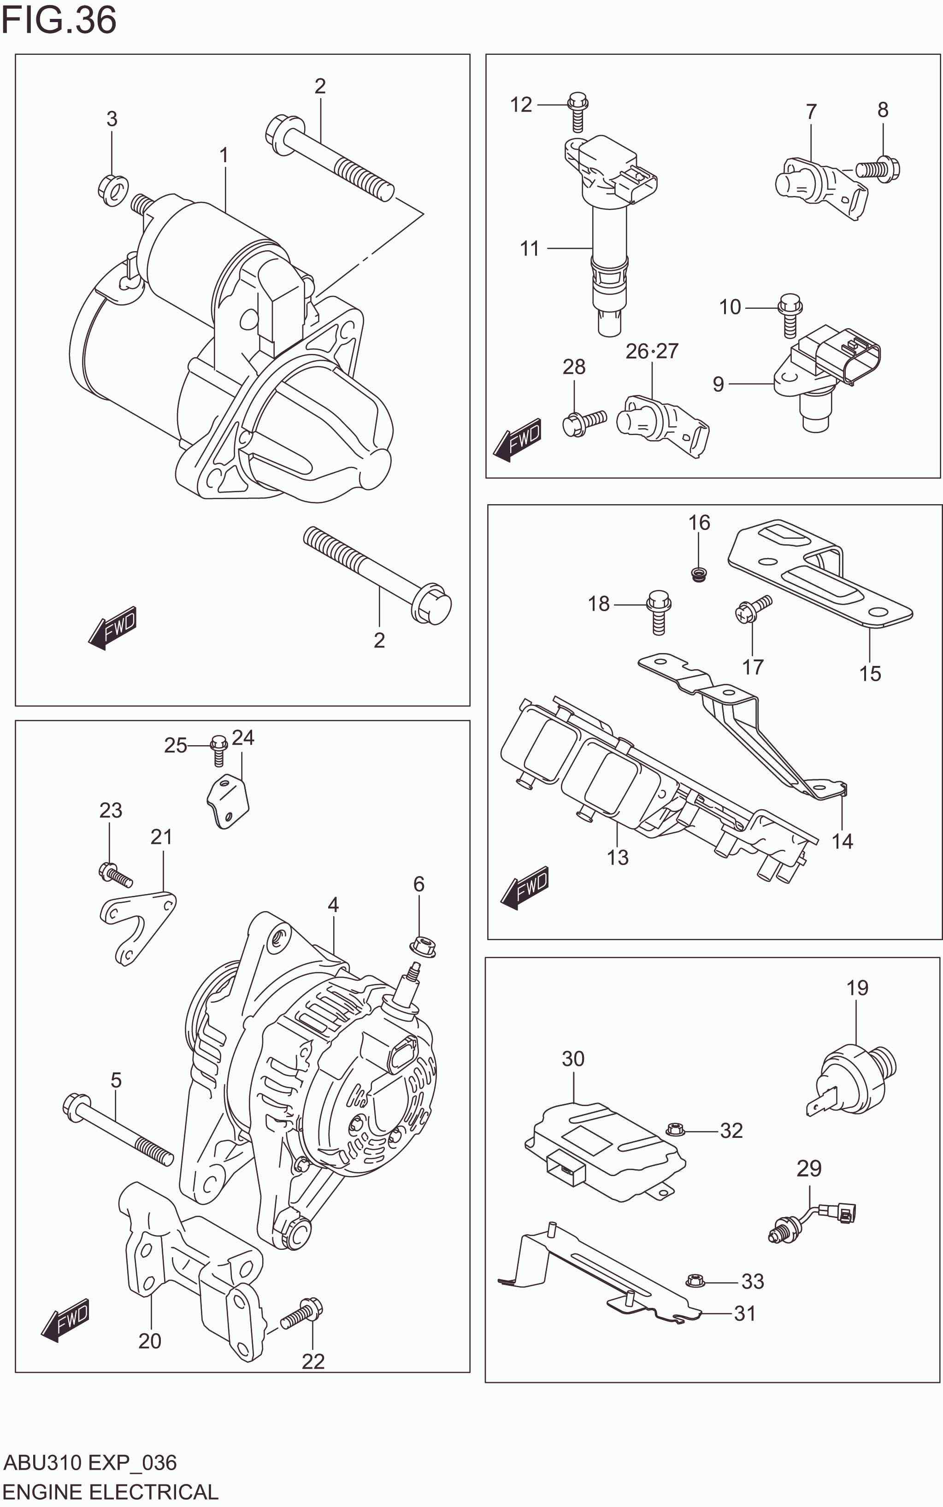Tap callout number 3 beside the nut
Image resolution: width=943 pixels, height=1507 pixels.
pyautogui.click(x=112, y=118)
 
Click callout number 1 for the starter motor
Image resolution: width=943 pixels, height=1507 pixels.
pyautogui.click(x=223, y=155)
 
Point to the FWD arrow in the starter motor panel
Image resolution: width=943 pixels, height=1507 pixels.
pyautogui.click(x=113, y=627)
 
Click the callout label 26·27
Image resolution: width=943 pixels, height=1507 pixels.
pyautogui.click(x=652, y=351)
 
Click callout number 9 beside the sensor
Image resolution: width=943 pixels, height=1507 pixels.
pyautogui.click(x=718, y=383)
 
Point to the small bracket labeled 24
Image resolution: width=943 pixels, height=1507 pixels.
pyautogui.click(x=228, y=800)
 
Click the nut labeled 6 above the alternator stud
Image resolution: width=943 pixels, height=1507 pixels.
pyautogui.click(x=423, y=946)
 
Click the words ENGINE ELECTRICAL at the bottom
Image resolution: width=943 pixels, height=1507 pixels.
pyautogui.click(x=111, y=1491)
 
